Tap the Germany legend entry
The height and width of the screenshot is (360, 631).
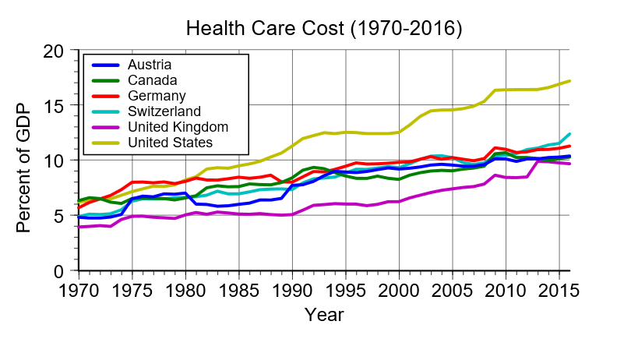pyautogui.click(x=156, y=95)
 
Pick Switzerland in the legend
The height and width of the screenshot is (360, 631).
pyautogui.click(x=164, y=111)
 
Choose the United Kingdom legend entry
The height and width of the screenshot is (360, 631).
pyautogui.click(x=177, y=126)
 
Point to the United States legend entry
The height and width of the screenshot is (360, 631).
pyautogui.click(x=170, y=142)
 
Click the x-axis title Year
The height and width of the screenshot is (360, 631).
pyautogui.click(x=324, y=316)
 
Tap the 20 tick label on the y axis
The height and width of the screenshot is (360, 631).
pyautogui.click(x=55, y=51)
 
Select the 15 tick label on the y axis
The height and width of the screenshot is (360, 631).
pyautogui.click(x=55, y=105)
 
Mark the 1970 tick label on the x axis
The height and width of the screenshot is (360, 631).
pyautogui.click(x=78, y=289)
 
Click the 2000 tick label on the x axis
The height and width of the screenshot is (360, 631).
pyautogui.click(x=400, y=289)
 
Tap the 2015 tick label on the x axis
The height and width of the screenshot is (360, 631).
pyautogui.click(x=560, y=289)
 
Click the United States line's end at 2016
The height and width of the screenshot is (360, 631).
pyautogui.click(x=571, y=81)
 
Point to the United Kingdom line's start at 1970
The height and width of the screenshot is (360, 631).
pyautogui.click(x=78, y=227)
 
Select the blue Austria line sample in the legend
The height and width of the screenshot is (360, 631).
pyautogui.click(x=105, y=64)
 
